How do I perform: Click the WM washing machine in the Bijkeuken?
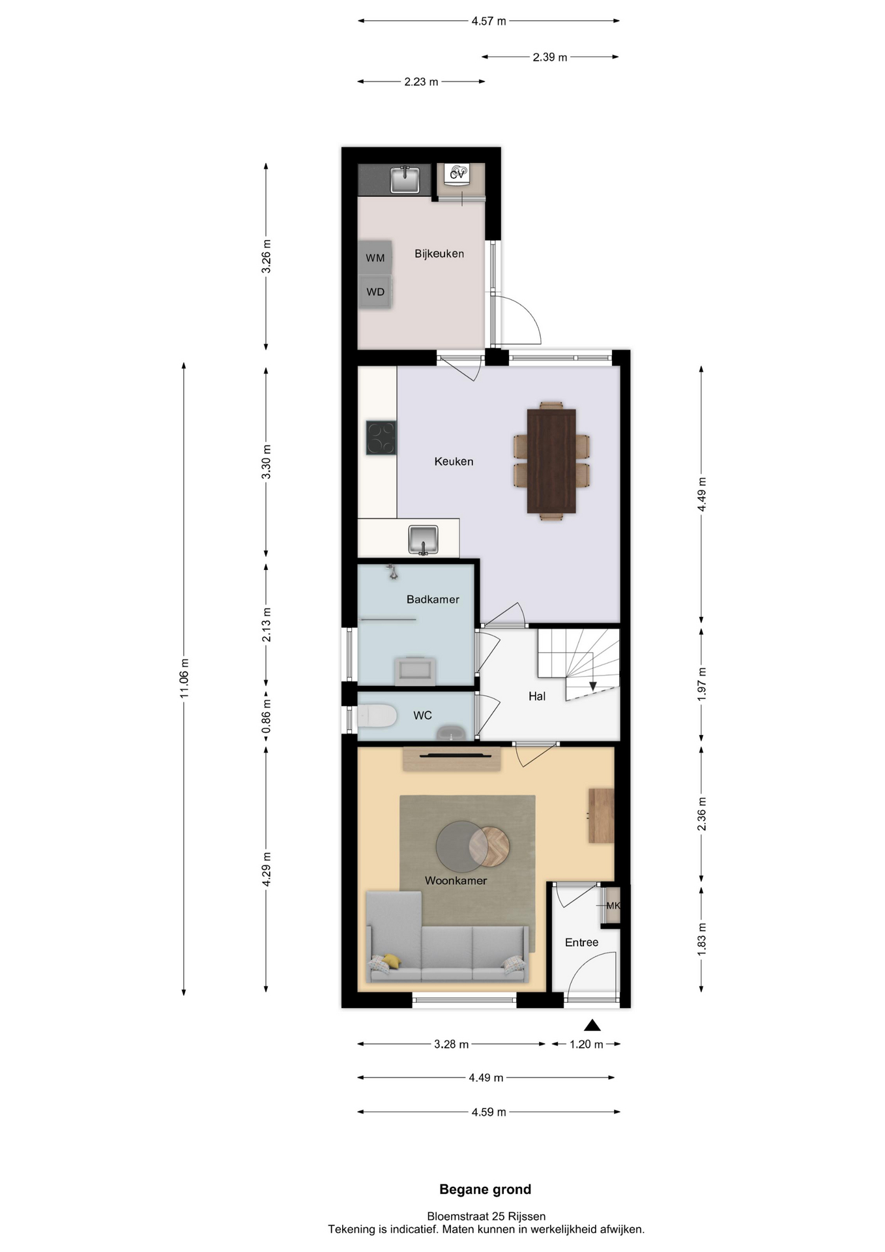[375, 258]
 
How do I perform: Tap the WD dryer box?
[375, 291]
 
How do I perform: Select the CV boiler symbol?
[457, 174]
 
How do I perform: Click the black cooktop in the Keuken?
[381, 438]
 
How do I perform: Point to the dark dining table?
[551, 461]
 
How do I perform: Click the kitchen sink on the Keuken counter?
[424, 540]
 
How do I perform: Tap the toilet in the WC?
[377, 716]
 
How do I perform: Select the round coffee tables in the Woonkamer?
[472, 846]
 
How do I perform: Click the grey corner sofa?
[447, 938]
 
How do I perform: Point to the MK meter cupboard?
[612, 905]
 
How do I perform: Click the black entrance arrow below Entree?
[592, 1025]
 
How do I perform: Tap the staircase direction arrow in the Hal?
[593, 686]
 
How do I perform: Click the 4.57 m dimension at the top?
[489, 21]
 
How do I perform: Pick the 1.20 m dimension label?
[587, 1044]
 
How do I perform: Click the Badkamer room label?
[433, 599]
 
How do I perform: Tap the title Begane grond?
[486, 1189]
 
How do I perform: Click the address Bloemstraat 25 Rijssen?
[486, 1216]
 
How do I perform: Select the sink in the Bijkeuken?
[405, 179]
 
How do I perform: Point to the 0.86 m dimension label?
[266, 715]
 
